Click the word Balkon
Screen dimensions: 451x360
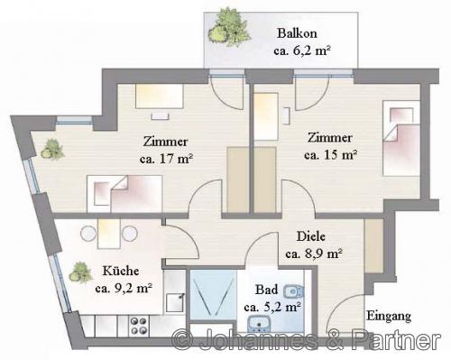coord(297,33)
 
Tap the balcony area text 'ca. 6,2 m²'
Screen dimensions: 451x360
coord(302,51)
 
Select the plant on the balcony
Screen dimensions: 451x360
coord(230,27)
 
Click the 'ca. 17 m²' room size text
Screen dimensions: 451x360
coord(166,159)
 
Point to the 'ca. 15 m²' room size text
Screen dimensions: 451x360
coord(330,155)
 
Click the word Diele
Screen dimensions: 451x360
coord(311,236)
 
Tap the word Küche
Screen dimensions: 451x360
coord(121,271)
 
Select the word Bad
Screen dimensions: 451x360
coord(266,290)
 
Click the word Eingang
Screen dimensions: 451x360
coord(389,317)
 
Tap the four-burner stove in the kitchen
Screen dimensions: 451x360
coord(139,326)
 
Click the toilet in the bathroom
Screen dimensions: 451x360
coord(293,291)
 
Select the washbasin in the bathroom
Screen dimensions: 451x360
coord(259,324)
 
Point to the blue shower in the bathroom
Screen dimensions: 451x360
coord(214,295)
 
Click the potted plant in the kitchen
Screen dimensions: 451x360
coord(80,273)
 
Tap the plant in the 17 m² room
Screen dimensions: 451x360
coord(52,149)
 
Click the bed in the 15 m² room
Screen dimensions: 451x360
coord(401,138)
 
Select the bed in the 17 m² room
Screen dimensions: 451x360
coord(124,194)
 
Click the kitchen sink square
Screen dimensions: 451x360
coord(175,302)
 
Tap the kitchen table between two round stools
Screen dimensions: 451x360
coord(109,234)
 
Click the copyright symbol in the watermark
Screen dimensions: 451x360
coord(182,340)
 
